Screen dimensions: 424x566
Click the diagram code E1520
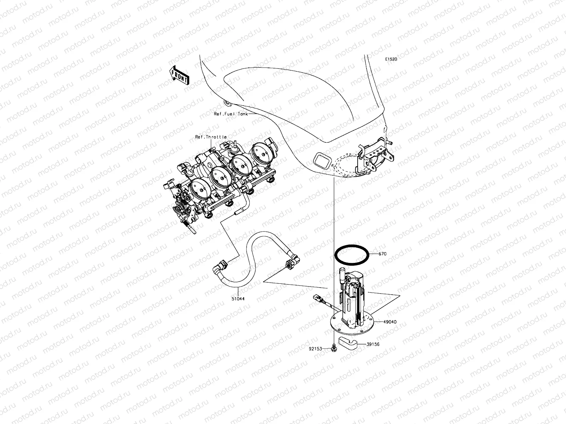click(x=391, y=59)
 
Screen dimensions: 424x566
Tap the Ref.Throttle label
click(x=211, y=137)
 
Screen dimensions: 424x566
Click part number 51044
click(x=238, y=299)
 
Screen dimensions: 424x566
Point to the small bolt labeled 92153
click(x=334, y=348)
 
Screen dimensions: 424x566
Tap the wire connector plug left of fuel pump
click(x=317, y=299)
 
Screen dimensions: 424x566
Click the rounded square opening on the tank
click(x=322, y=161)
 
